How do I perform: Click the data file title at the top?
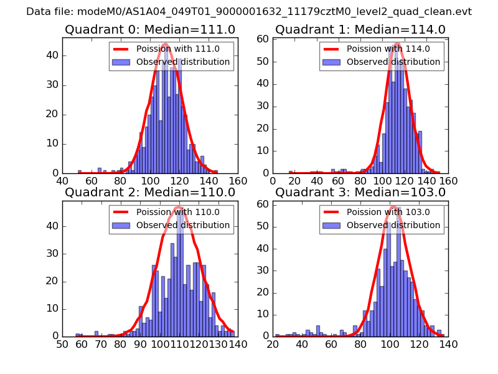point(249,12)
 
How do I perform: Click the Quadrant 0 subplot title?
point(149,30)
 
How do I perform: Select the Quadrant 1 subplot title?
point(360,30)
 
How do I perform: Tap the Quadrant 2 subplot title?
point(149,193)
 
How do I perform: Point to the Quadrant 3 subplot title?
point(360,193)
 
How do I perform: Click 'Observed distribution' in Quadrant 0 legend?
point(183,62)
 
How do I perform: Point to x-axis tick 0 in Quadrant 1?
point(273,181)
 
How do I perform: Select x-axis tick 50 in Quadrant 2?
point(62,343)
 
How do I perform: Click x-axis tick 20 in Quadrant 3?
point(273,343)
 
